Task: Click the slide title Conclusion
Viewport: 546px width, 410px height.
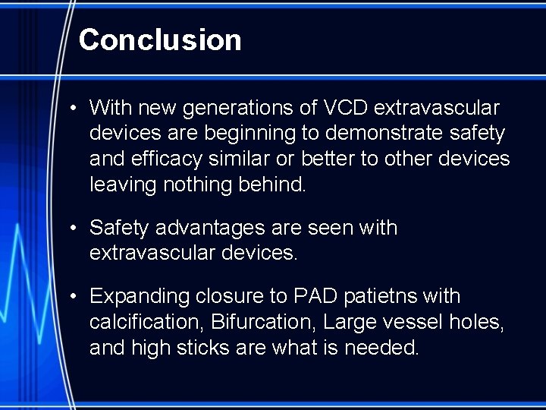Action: [160, 39]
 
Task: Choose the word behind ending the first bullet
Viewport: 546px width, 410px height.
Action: [281, 184]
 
